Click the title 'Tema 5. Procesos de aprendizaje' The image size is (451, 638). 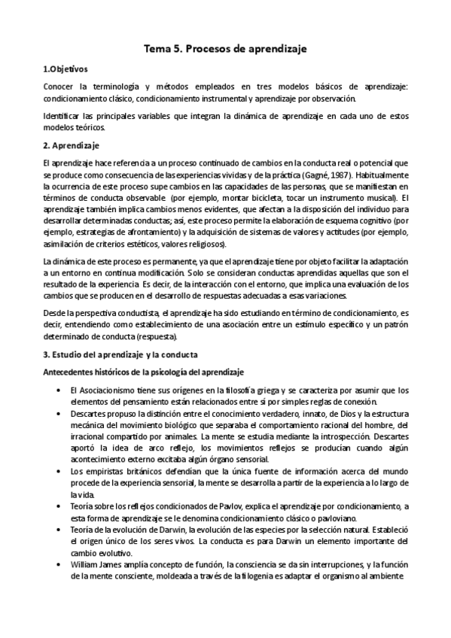point(226,49)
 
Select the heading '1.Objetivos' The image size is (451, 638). point(66,68)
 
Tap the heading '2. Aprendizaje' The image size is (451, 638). point(72,144)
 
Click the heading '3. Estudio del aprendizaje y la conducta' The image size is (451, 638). point(126,354)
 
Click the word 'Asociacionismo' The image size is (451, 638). point(104,390)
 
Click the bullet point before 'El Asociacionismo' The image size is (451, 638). point(59,390)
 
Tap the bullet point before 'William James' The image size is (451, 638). point(59,564)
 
